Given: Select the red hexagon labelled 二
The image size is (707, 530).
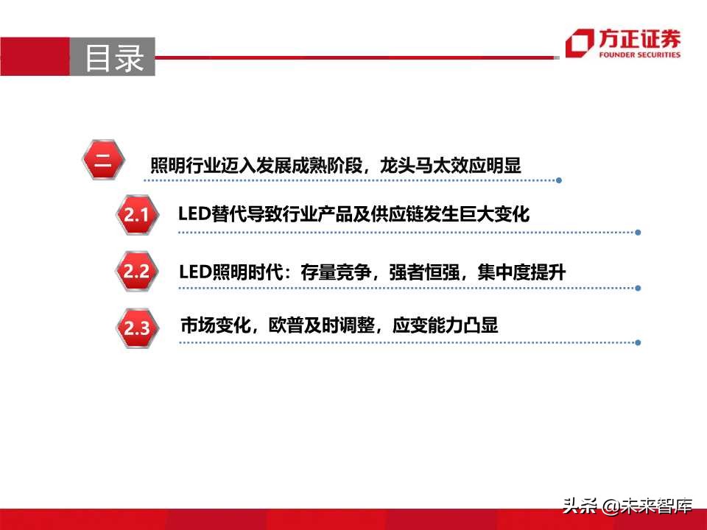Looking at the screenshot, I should click(103, 161).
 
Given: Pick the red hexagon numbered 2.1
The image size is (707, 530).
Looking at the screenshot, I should click(136, 215).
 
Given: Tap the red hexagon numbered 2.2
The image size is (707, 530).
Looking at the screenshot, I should click(136, 272).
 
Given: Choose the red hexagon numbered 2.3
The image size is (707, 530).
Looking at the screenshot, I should click(136, 328).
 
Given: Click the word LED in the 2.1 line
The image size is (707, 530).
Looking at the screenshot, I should click(194, 214).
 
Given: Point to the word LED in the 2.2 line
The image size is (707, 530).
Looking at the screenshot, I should click(194, 272).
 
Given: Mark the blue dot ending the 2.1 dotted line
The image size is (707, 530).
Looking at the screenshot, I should click(638, 233).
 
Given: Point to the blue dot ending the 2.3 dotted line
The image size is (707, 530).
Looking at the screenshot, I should click(638, 342).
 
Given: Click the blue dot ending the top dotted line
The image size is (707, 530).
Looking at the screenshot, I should click(559, 180).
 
